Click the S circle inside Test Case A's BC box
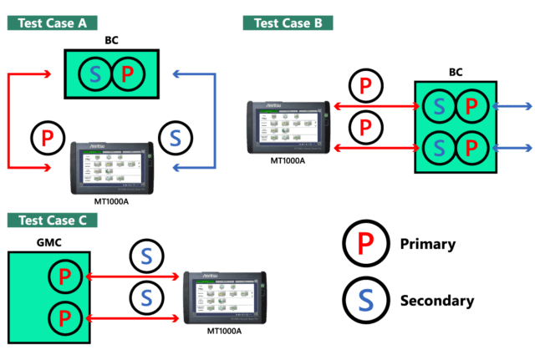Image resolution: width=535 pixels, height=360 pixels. click(95, 75)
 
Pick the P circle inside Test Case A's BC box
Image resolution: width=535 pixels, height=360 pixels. click(127, 75)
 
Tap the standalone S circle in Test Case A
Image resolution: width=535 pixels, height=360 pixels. click(175, 137)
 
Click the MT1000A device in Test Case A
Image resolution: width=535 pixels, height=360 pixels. click(111, 165)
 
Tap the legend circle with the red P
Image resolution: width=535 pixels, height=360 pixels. click(364, 244)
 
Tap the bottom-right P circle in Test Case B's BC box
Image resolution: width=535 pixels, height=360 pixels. click(471, 148)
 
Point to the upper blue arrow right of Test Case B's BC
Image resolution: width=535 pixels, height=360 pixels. click(514, 106)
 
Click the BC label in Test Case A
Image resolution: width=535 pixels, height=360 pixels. click(112, 40)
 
